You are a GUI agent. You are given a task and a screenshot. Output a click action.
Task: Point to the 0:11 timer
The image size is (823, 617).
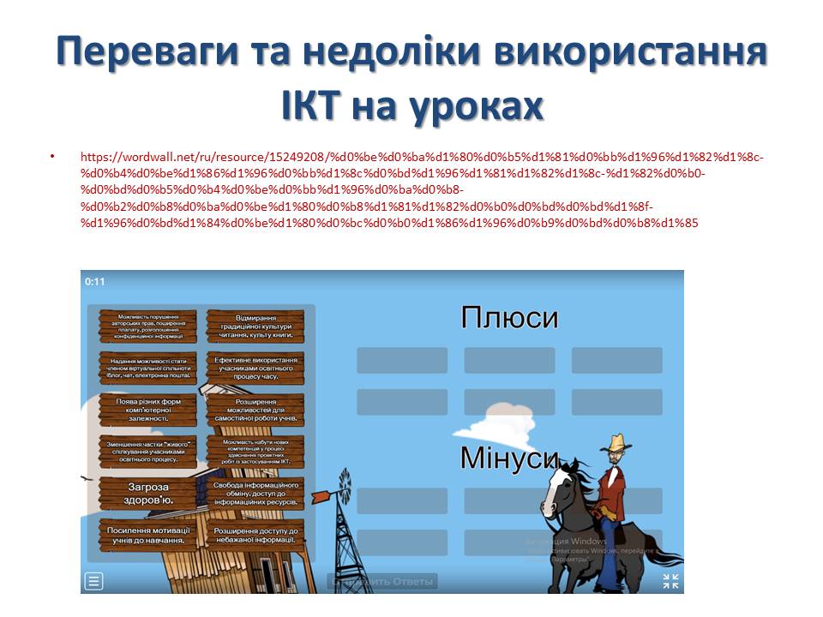(x=94, y=281)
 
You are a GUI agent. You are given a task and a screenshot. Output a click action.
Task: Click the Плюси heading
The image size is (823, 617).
(x=509, y=318)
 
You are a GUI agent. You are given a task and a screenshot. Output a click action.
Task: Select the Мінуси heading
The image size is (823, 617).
(x=509, y=458)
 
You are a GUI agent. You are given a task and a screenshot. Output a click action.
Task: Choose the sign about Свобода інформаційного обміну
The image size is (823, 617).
(x=255, y=492)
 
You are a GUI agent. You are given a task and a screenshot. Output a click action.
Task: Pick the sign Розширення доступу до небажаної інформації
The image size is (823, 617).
(x=255, y=535)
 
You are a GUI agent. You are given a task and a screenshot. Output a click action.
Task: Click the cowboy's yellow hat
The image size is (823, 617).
(x=615, y=444)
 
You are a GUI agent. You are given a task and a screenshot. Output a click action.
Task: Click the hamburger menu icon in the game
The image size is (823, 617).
(x=93, y=581)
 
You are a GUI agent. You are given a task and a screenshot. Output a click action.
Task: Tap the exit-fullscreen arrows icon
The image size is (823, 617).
(x=670, y=581)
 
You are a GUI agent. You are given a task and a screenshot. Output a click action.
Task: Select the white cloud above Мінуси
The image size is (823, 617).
(x=505, y=420)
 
